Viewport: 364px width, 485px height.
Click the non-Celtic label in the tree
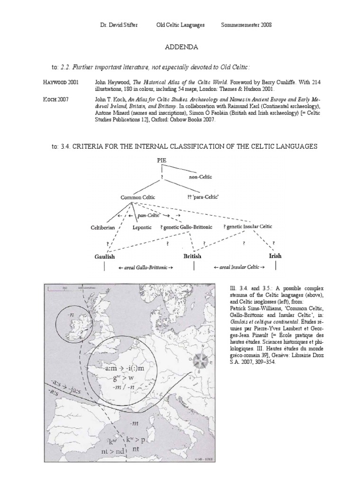point(201,177)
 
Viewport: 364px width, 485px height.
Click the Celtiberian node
point(103,227)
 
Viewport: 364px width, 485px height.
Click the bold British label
point(192,256)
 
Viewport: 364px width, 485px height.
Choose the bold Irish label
point(275,256)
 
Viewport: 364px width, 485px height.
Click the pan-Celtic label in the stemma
point(149,215)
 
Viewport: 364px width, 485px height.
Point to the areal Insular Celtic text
point(239,268)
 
